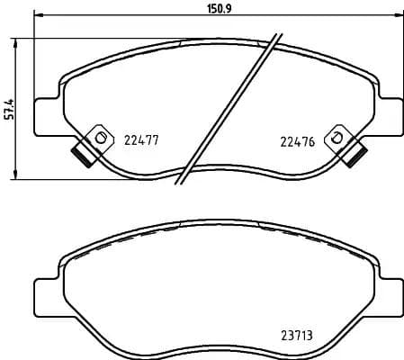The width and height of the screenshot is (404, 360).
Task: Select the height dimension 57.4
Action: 8,107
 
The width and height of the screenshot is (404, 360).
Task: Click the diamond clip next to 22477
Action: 98,138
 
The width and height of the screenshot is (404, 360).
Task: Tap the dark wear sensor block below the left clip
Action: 82,154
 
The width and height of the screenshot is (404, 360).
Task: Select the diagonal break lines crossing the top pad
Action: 225,108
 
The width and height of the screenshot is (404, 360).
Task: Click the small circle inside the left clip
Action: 100,137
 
